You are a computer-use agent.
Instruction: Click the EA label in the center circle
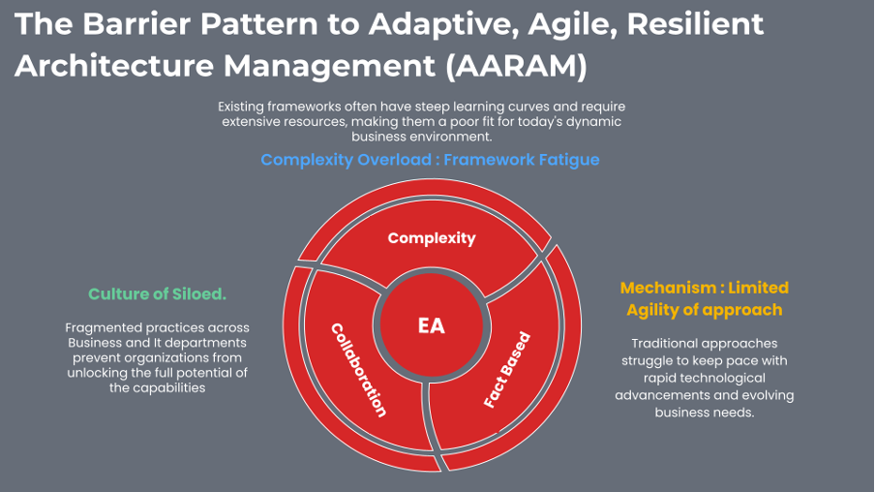tap(432, 326)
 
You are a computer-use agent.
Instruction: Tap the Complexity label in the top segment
tap(432, 237)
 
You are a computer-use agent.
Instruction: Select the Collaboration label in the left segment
tap(359, 369)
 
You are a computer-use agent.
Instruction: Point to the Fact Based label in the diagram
tap(507, 372)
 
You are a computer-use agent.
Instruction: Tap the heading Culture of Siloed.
tap(157, 293)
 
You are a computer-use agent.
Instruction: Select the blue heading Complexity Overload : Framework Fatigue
tap(430, 160)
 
